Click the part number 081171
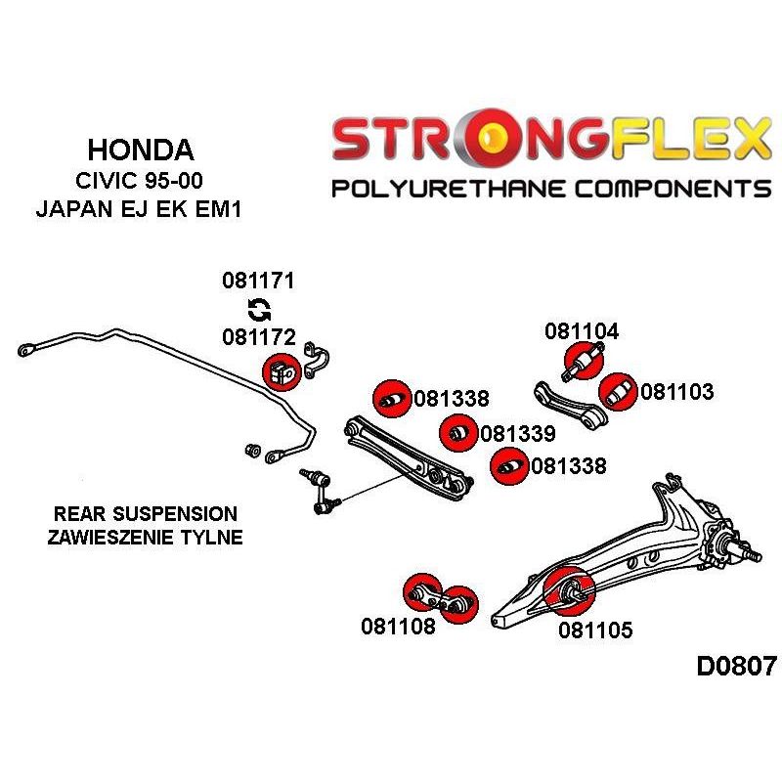258,281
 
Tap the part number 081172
259,337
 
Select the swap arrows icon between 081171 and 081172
259,309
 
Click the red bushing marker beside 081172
282,372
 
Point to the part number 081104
582,331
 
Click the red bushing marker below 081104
584,360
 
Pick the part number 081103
676,392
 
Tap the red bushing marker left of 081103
618,392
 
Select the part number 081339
518,433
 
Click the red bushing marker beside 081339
458,433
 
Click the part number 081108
398,626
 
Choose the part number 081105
595,630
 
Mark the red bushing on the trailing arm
569,591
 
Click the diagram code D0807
737,666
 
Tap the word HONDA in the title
141,150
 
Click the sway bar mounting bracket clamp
316,360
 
